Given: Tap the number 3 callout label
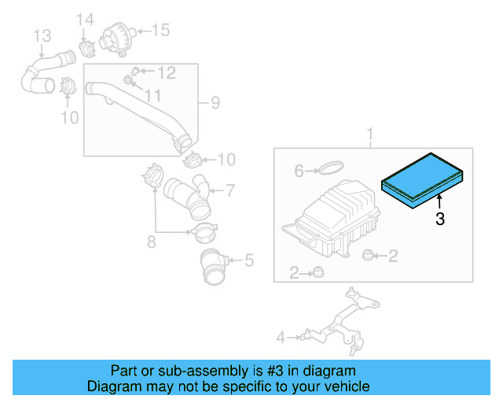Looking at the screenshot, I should (440, 220).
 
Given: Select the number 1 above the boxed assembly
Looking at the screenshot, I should (371, 135).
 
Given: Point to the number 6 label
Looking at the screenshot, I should (299, 171).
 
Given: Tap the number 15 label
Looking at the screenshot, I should (160, 31).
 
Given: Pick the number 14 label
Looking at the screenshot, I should (84, 19).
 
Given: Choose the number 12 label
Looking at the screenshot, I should (166, 73).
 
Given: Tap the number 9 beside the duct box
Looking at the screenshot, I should (215, 102).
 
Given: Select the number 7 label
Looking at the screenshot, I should (229, 190).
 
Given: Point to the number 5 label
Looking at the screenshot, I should (248, 259).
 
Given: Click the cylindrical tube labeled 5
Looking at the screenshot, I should (213, 265).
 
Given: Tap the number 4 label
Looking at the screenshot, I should (281, 338).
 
